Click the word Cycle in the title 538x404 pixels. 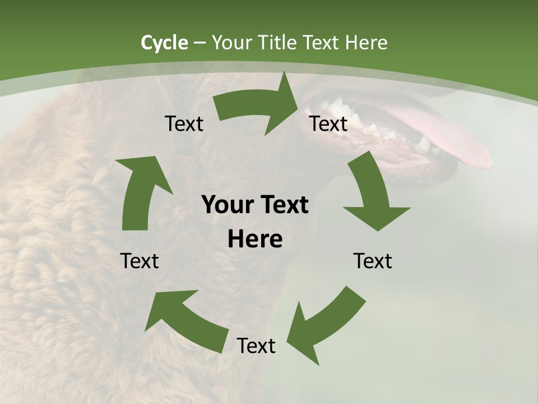164,43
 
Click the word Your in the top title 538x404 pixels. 230,43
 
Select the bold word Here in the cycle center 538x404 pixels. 255,240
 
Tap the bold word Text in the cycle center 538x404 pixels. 284,205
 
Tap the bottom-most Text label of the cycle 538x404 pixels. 256,346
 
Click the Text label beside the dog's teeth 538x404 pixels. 328,123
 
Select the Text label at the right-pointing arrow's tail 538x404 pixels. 184,123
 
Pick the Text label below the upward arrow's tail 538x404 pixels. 140,261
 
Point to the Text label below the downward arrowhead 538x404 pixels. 373,261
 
